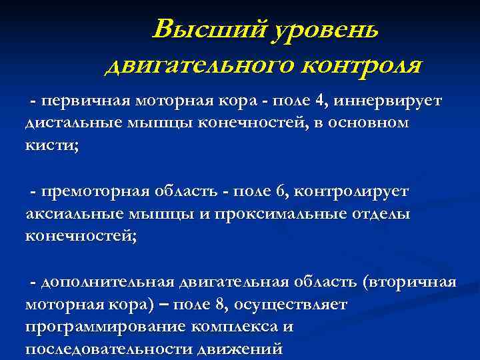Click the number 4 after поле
pos(322,101)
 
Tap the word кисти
pos(50,146)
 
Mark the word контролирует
pos(351,192)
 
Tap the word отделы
pos(382,214)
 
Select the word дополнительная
pos(107,283)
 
